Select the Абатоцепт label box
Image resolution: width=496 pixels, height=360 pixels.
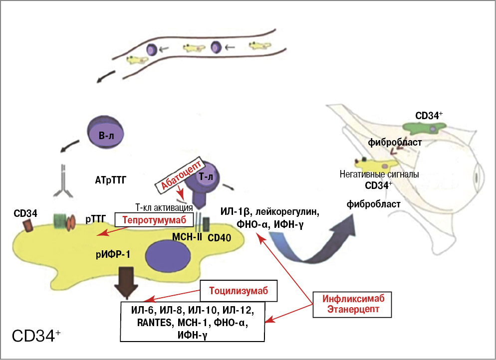point(181,175)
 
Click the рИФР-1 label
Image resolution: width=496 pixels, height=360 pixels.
point(113,255)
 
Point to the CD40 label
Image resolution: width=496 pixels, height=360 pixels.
point(219,238)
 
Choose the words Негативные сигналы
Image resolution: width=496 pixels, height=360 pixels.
point(378,175)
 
